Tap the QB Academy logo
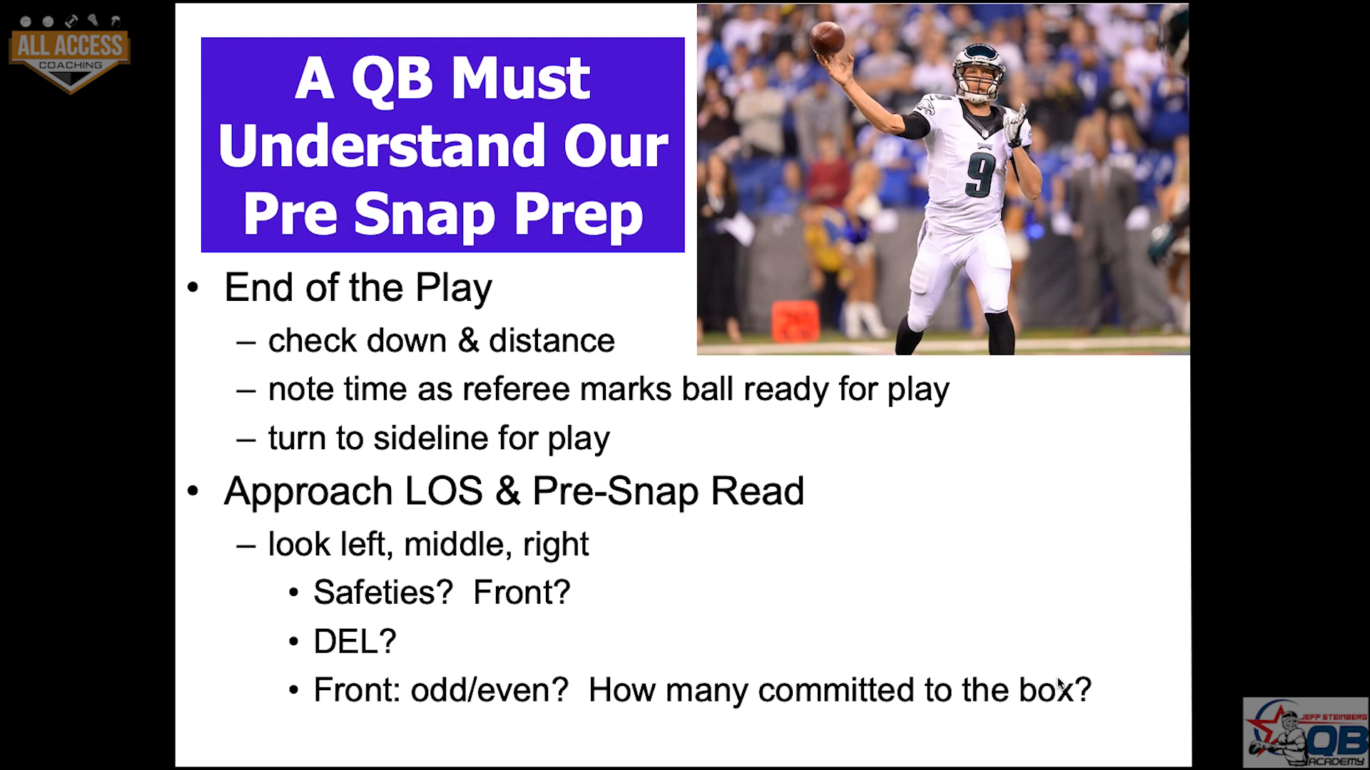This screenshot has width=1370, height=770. click(1305, 732)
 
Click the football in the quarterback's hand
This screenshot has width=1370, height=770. click(827, 37)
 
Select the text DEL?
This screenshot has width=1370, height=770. click(355, 642)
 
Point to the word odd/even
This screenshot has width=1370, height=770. click(489, 690)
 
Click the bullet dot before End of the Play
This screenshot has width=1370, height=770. click(193, 289)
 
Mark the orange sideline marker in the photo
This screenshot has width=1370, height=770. click(795, 321)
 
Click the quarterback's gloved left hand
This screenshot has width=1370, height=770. click(1015, 125)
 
